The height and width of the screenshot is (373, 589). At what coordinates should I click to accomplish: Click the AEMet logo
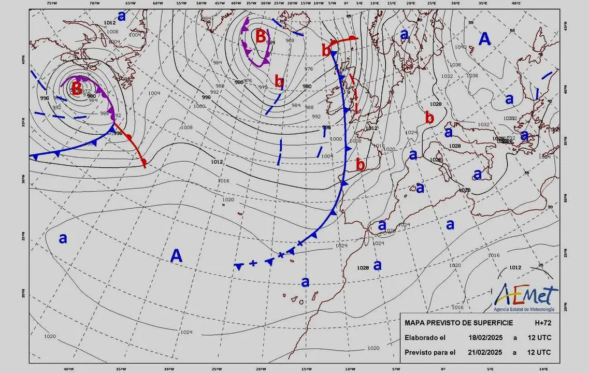tap(525, 298)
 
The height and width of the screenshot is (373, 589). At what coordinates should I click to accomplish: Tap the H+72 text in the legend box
tap(543, 323)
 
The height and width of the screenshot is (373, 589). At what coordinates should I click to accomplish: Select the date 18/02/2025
tap(485, 338)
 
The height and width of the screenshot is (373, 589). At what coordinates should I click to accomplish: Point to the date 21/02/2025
tap(485, 353)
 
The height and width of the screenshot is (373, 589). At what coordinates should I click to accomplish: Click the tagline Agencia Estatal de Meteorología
tap(524, 309)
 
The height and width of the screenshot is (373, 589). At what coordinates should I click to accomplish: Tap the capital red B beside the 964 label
tap(261, 36)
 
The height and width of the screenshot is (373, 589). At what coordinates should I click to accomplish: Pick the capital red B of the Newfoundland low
tap(76, 89)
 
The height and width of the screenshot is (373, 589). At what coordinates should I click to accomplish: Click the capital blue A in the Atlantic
tap(177, 255)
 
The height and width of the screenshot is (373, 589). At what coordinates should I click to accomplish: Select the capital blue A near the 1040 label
tap(484, 39)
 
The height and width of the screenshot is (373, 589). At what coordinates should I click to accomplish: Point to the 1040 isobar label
tap(460, 47)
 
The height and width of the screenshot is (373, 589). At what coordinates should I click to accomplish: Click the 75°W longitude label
tap(51, 3)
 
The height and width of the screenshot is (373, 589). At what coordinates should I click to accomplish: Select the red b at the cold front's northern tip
tap(326, 50)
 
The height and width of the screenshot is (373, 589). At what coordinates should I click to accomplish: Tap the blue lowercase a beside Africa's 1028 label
tap(378, 265)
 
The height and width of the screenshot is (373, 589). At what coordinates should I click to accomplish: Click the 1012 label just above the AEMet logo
tap(514, 268)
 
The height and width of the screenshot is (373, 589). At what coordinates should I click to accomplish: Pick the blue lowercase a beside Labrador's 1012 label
tap(122, 16)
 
